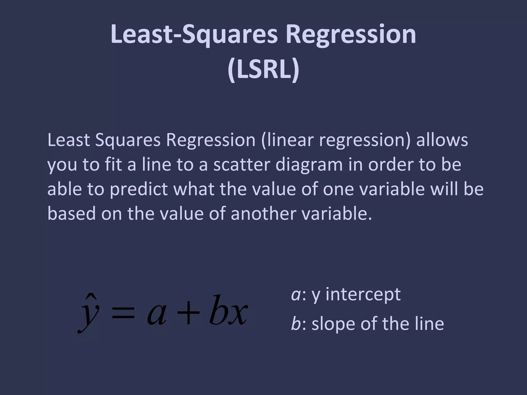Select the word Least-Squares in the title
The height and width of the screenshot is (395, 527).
click(194, 34)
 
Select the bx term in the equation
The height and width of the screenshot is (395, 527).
click(228, 311)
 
